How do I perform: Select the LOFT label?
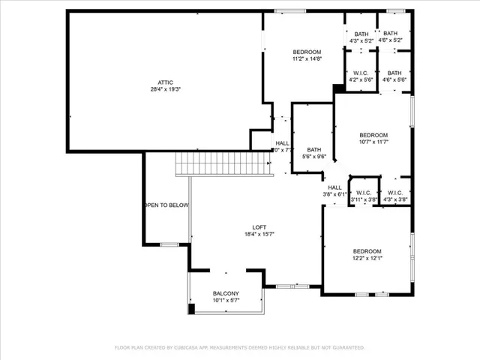(x=259, y=227)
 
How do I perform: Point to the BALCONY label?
(x=226, y=293)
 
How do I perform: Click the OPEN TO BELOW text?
(x=166, y=205)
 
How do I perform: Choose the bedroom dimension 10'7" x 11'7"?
(x=373, y=142)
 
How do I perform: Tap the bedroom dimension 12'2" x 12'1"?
(x=367, y=259)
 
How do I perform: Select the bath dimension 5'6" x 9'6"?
(x=313, y=156)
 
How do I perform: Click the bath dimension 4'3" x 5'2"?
(x=361, y=40)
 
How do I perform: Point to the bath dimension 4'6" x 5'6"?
(x=394, y=79)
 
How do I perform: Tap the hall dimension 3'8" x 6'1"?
(x=334, y=194)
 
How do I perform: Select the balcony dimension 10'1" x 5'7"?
(x=226, y=301)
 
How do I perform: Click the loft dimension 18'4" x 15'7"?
(x=259, y=235)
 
